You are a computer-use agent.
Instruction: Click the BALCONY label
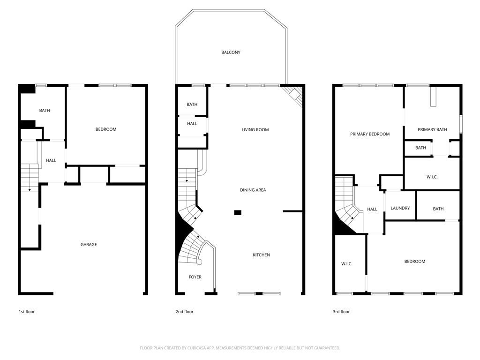[231, 52]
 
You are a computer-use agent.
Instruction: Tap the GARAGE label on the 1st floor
[89, 245]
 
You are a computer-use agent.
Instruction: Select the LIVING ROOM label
[255, 130]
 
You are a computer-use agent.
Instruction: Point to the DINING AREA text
[253, 190]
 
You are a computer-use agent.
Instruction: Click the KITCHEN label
[261, 255]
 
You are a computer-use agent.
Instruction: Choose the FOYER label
[195, 277]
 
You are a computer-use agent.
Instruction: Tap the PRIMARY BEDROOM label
[370, 134]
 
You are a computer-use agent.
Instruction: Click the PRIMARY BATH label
[432, 130]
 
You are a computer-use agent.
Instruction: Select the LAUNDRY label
[400, 208]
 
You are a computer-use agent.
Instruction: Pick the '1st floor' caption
[27, 312]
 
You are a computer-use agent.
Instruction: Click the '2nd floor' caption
[185, 312]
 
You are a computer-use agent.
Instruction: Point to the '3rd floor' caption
[341, 312]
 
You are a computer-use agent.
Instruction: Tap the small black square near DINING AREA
[238, 213]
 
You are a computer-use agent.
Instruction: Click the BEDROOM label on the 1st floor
[106, 129]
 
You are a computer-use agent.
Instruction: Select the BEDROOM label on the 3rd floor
[415, 262]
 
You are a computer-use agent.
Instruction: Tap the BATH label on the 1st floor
[45, 111]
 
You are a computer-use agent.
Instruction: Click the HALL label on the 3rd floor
[372, 210]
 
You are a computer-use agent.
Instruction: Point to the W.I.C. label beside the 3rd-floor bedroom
[347, 264]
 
